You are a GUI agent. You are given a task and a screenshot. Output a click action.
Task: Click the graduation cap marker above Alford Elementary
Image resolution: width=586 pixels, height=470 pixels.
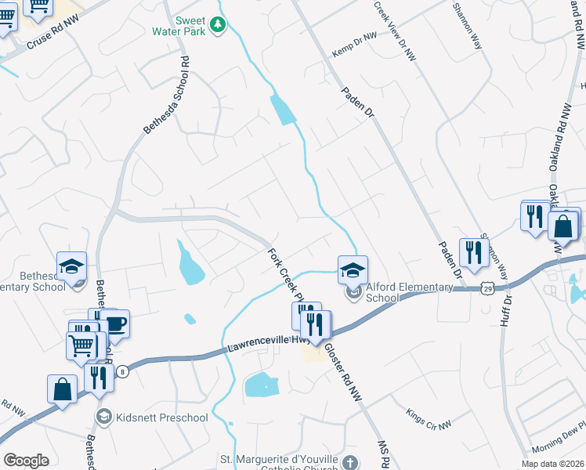353,270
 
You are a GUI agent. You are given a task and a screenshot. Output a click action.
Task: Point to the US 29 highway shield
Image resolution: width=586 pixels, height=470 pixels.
487,290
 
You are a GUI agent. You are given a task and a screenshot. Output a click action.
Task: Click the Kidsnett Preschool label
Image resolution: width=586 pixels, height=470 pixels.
162,417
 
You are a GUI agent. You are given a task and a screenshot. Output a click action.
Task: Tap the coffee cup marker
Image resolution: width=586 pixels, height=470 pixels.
115,324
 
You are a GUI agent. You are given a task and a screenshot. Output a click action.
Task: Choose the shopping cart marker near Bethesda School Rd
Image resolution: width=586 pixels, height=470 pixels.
82,345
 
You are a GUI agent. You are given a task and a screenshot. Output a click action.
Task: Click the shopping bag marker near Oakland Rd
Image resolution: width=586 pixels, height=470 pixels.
563,226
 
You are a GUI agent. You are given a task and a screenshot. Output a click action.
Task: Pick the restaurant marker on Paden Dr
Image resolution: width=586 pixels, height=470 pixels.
473,252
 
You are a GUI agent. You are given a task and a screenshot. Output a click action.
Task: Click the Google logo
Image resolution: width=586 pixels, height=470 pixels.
26,460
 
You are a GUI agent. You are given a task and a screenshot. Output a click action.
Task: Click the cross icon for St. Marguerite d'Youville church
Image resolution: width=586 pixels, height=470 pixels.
350,463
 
